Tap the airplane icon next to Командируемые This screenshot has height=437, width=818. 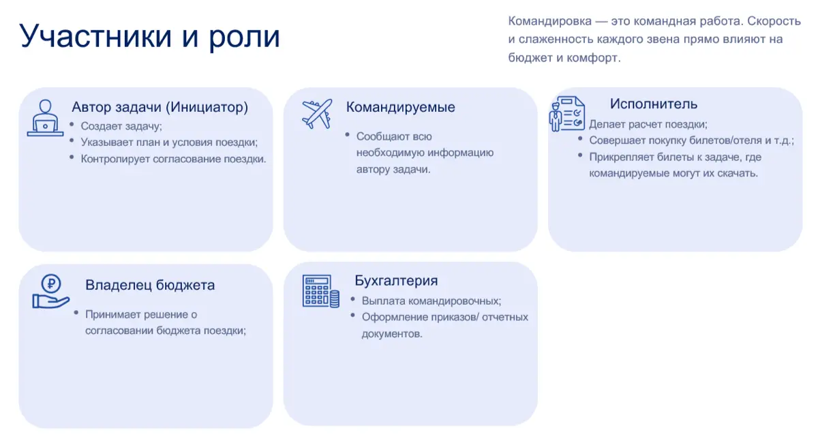coord(317,114)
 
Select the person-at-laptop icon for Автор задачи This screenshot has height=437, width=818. coord(45,118)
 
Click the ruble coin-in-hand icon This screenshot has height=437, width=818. coord(51,291)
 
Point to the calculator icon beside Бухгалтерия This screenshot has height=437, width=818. coord(320,291)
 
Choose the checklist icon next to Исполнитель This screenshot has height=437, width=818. coord(567,113)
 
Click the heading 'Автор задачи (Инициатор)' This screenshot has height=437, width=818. coord(160,107)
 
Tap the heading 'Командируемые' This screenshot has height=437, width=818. coord(401,107)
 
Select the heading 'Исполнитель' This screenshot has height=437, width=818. coord(654,104)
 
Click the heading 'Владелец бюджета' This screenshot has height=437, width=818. coord(150,285)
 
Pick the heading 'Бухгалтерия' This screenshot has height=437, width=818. coord(396,281)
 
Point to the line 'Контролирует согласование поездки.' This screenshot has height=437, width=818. coord(173,159)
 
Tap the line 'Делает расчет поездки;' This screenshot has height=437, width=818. coord(648,124)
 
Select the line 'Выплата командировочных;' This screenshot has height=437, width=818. coord(431,301)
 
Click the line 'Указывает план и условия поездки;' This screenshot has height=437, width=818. coord(169,142)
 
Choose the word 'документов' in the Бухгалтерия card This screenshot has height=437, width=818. coord(391,334)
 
